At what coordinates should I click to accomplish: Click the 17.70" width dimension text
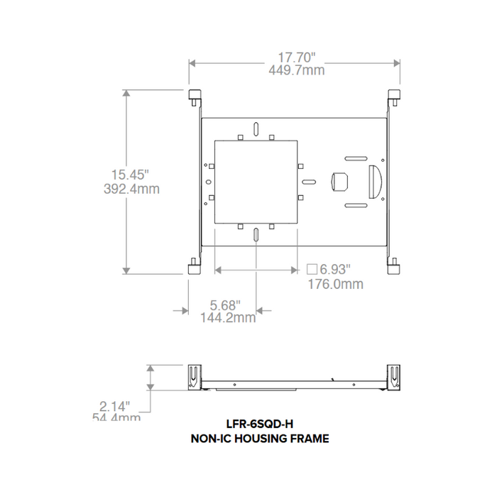296,57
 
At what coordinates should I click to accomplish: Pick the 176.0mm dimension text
334,284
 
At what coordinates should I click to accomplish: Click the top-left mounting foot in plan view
194,96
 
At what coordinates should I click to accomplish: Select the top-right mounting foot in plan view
394,96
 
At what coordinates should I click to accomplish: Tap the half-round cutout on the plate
375,182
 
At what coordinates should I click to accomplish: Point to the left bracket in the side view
194,376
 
